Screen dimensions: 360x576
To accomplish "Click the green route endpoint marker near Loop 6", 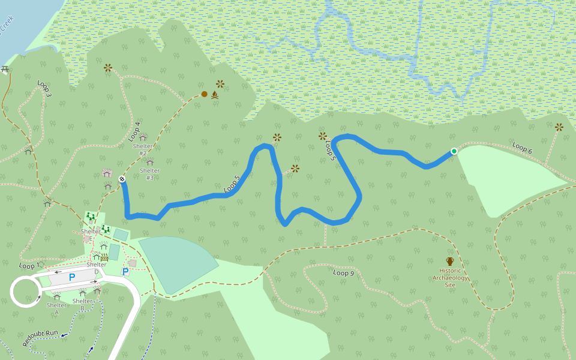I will pyautogui.click(x=454, y=151).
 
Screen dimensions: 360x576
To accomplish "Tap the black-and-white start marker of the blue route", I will pyautogui.click(x=122, y=179).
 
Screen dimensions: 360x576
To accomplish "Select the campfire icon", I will pyautogui.click(x=214, y=95).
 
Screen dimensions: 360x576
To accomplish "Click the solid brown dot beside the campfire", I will pyautogui.click(x=204, y=94).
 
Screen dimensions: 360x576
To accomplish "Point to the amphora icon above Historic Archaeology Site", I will pyautogui.click(x=450, y=261).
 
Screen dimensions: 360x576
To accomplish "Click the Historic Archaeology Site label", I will pyautogui.click(x=450, y=277).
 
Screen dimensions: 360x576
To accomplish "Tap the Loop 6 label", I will pyautogui.click(x=522, y=148).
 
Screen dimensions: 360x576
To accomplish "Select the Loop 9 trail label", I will pyautogui.click(x=343, y=273).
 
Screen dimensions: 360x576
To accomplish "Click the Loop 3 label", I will pyautogui.click(x=44, y=89).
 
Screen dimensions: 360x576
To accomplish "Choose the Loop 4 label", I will pyautogui.click(x=134, y=131).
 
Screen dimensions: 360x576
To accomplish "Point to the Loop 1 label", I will pyautogui.click(x=28, y=265).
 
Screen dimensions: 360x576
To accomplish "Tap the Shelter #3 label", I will pyautogui.click(x=149, y=174).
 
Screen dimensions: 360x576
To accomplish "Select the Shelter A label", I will pyautogui.click(x=56, y=308).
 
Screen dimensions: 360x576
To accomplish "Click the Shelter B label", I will pyautogui.click(x=82, y=305).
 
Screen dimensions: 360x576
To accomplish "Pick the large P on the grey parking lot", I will pyautogui.click(x=72, y=277).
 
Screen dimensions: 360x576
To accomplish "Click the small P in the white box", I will pyautogui.click(x=125, y=272).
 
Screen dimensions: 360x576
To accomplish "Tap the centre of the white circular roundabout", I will pyautogui.click(x=25, y=292).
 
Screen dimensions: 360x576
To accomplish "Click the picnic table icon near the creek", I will pyautogui.click(x=5, y=70).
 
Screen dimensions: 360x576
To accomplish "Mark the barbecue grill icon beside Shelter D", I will pyautogui.click(x=104, y=257).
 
